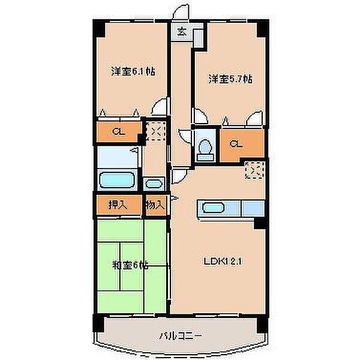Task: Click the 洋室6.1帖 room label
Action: tap(133, 71)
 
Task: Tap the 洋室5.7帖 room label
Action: tap(230, 79)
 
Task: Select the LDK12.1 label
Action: tap(223, 262)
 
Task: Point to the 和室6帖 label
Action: tap(130, 266)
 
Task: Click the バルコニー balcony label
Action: tap(181, 336)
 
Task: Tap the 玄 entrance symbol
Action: tap(182, 31)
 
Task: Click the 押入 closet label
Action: tap(118, 205)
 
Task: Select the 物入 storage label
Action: tap(155, 205)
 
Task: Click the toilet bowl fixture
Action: tap(206, 146)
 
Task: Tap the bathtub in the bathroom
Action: tap(118, 179)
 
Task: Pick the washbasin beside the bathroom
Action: tap(154, 184)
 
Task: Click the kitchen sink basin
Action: tap(213, 208)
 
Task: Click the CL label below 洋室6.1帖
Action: tap(119, 131)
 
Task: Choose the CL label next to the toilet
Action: tap(236, 144)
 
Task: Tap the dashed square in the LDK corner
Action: tap(254, 170)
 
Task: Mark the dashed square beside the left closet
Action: tap(155, 131)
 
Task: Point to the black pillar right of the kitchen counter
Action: tap(260, 223)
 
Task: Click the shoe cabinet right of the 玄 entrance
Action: tap(199, 38)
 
